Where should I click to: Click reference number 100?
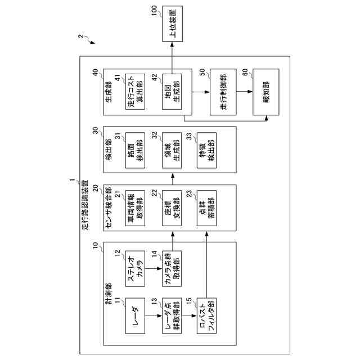[155, 10]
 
